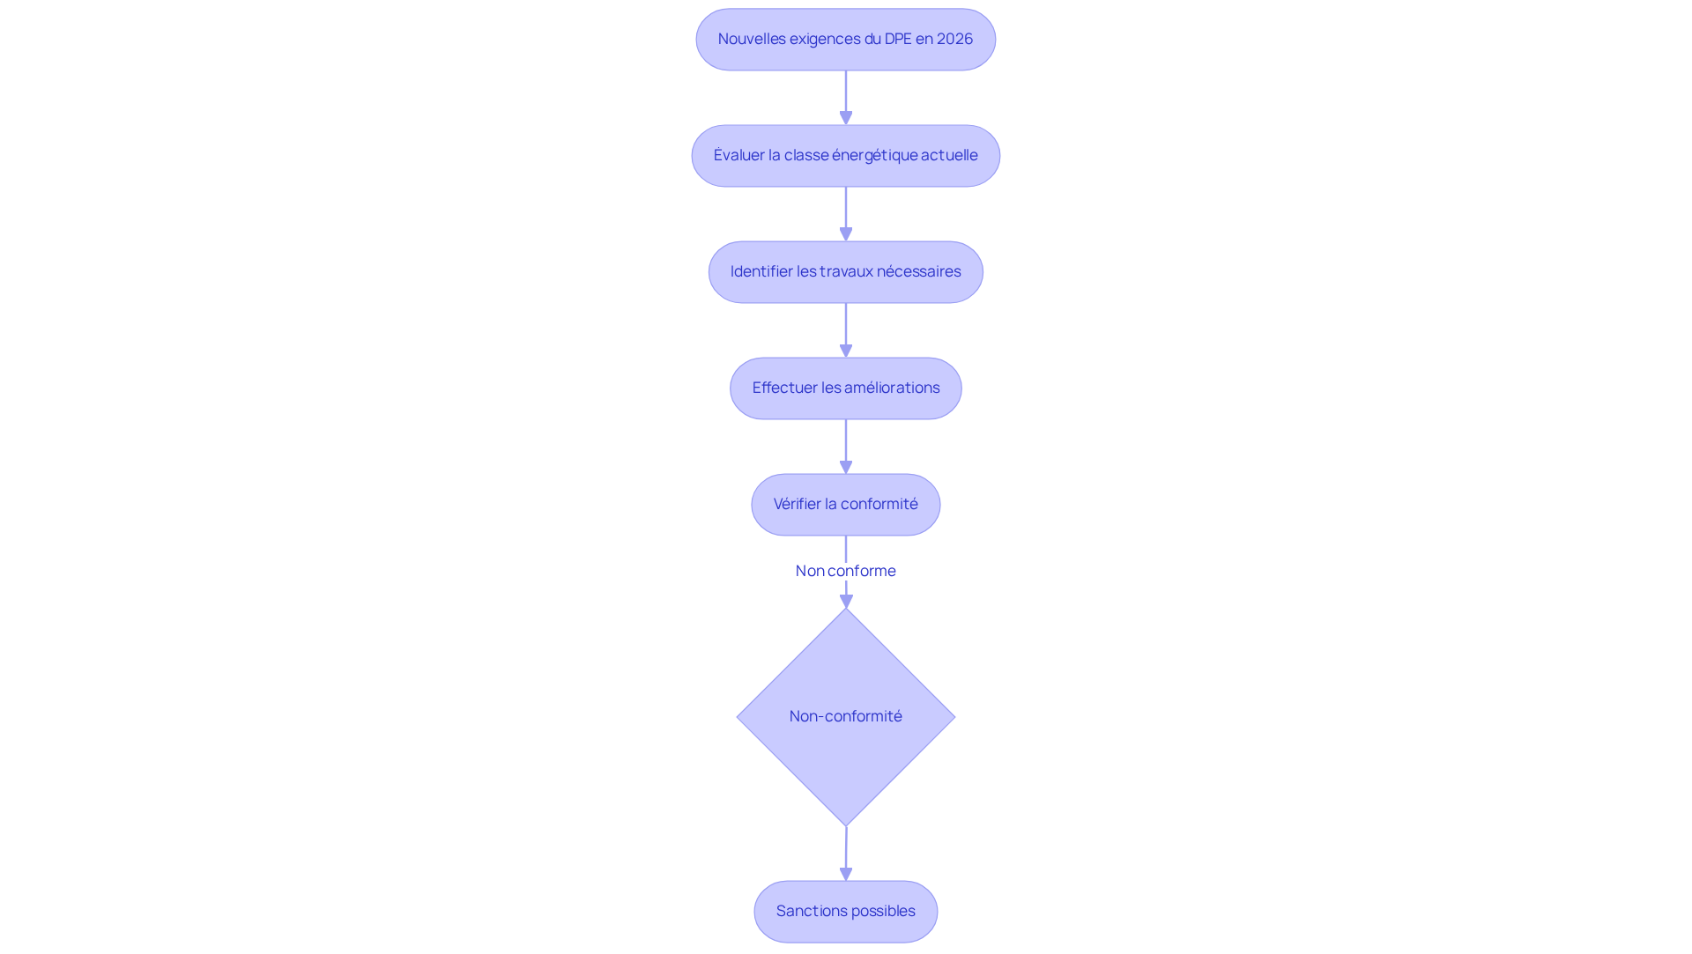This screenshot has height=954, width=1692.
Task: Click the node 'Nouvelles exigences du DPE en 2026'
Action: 846,40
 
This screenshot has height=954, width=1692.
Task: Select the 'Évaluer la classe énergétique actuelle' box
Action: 846,156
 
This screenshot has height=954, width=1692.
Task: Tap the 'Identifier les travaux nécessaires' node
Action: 846,272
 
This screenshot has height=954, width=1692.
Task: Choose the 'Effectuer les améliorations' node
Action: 846,388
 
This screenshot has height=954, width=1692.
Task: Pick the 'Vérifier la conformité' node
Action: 846,505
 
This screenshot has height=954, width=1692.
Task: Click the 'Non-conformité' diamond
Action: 846,717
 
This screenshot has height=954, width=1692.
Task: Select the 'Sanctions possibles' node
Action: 846,912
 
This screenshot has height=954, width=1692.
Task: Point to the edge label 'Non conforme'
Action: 846,571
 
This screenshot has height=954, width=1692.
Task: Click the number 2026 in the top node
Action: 955,39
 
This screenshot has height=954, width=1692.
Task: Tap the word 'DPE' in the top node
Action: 898,39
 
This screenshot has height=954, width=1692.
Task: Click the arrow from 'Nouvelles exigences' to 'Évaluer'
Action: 846,98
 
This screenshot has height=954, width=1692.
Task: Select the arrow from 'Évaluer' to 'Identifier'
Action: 846,214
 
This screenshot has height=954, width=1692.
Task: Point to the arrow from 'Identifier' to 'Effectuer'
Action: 846,330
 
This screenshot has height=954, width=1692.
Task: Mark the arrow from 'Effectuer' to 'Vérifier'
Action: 846,447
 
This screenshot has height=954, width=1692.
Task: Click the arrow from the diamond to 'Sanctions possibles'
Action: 846,854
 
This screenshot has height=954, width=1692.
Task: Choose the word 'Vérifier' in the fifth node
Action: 798,504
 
